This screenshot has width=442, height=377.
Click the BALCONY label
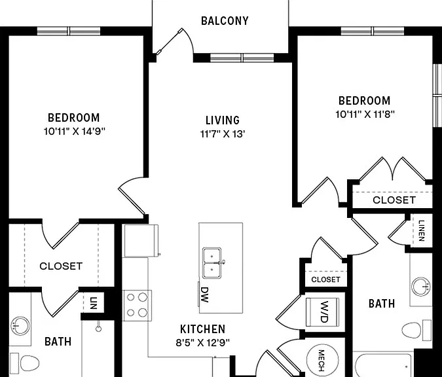click(x=225, y=21)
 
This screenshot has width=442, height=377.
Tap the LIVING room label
click(x=223, y=120)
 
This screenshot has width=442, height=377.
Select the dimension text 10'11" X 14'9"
click(x=75, y=132)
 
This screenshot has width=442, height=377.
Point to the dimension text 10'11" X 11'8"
click(x=365, y=115)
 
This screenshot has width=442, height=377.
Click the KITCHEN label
click(x=203, y=329)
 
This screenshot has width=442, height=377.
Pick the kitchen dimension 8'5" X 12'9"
click(x=203, y=342)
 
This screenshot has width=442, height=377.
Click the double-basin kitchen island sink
click(x=212, y=263)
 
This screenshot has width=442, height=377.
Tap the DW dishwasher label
click(x=204, y=295)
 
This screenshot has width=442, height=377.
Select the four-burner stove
click(x=137, y=306)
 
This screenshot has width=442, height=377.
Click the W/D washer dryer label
click(x=324, y=312)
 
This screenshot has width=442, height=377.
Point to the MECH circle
click(x=322, y=361)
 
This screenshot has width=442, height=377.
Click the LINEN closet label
click(x=422, y=230)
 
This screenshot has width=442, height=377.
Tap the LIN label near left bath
click(x=94, y=303)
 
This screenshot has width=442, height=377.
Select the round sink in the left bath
click(x=20, y=326)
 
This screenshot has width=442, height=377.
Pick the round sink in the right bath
click(x=421, y=287)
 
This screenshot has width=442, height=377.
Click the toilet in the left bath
click(x=25, y=363)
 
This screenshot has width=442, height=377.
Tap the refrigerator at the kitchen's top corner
click(x=141, y=241)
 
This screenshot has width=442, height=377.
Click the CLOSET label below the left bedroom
click(x=61, y=266)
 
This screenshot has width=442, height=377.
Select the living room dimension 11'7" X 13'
click(x=223, y=134)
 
